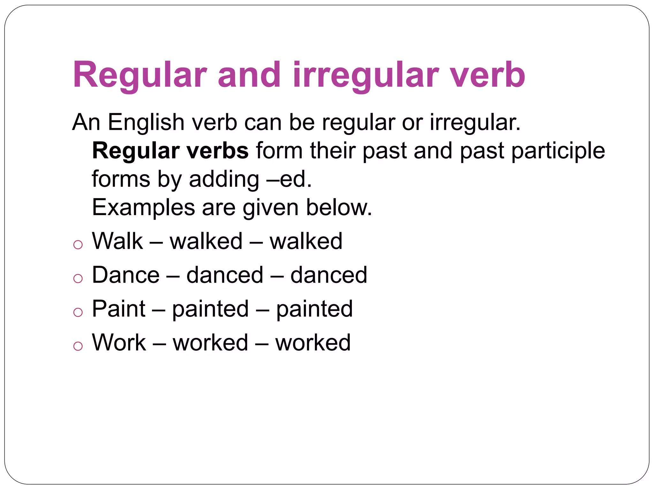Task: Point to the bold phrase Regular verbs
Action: (x=170, y=151)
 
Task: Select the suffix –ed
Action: (x=289, y=179)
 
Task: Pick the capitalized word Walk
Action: (x=117, y=241)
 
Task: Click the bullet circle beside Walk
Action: (x=78, y=245)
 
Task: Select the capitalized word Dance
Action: (x=125, y=275)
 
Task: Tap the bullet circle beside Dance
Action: (x=78, y=279)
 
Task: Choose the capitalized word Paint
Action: (x=118, y=309)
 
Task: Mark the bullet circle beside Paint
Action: (x=78, y=312)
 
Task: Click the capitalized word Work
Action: (x=119, y=343)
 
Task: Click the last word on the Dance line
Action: (x=329, y=275)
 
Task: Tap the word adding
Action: (x=224, y=179)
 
